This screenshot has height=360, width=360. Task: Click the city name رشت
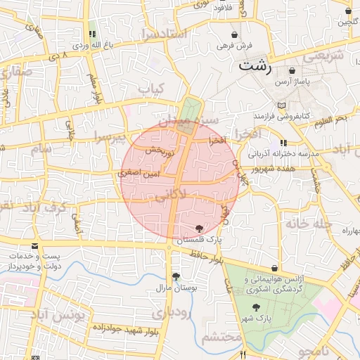[255, 67]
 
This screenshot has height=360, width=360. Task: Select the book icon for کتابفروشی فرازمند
[282, 105]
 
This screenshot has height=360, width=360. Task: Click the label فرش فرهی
[233, 45]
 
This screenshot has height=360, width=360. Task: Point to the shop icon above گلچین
[349, 11]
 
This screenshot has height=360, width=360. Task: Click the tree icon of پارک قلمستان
[200, 228]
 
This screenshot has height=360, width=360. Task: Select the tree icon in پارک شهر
[256, 307]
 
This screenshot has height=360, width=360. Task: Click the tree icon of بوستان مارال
[175, 276]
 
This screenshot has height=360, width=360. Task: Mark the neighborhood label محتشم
[219, 337]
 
